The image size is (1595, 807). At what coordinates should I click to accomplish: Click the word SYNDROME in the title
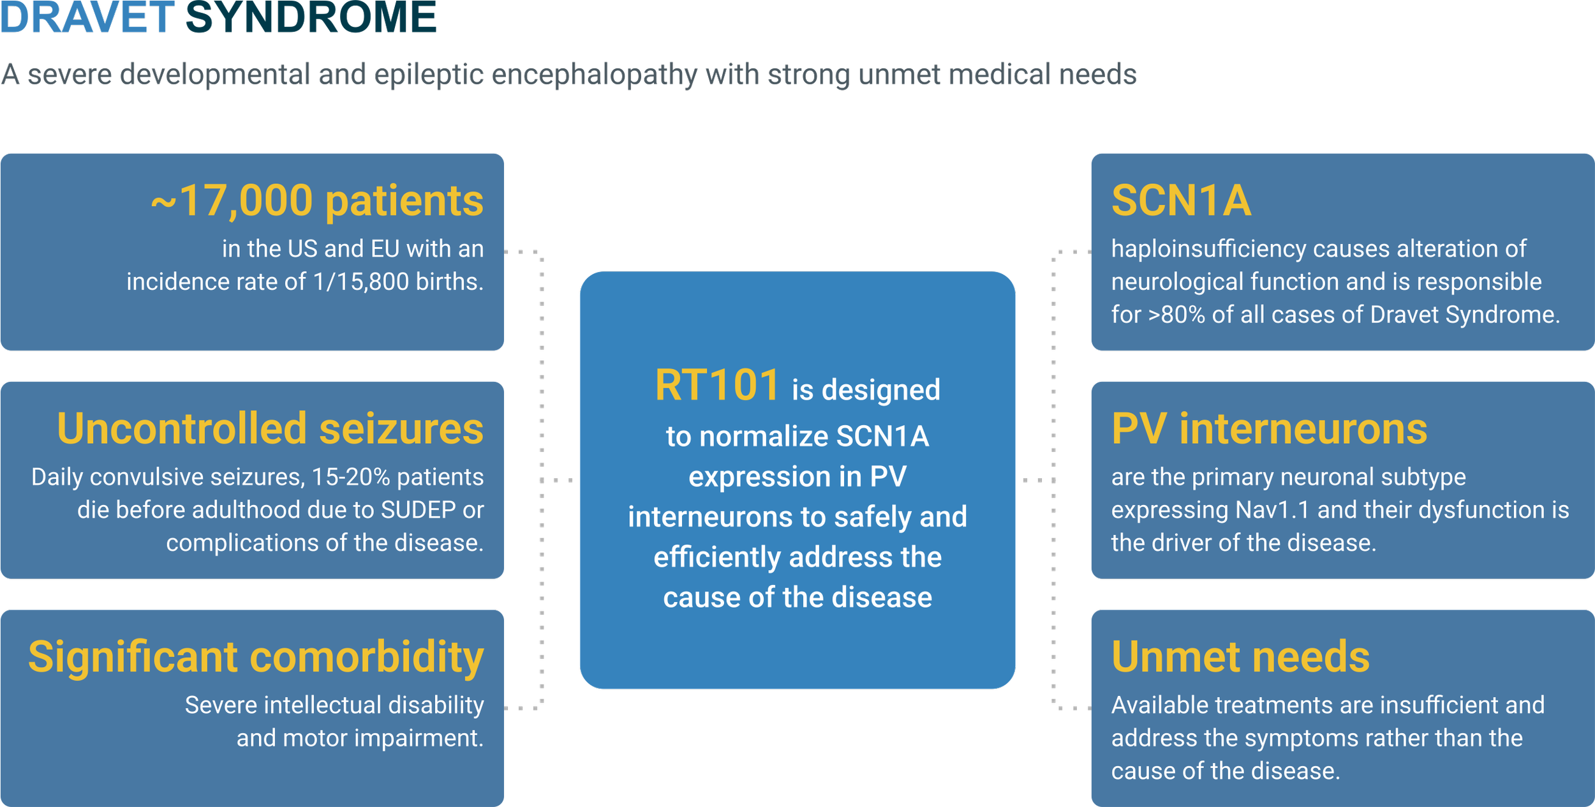click(x=310, y=17)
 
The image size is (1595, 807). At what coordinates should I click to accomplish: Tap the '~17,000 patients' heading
click(x=317, y=201)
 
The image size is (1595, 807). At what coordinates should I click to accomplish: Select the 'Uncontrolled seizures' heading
click(x=270, y=428)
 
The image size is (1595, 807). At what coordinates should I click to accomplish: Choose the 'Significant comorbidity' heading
click(x=256, y=657)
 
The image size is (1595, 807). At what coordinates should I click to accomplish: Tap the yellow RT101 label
click(x=716, y=386)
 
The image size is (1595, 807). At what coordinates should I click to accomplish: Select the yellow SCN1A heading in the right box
click(x=1181, y=201)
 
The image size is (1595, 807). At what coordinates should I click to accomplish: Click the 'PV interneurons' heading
click(x=1269, y=428)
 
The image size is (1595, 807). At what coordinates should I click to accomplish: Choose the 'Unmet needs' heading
click(x=1240, y=657)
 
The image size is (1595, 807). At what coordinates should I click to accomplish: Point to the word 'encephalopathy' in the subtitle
click(x=595, y=75)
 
